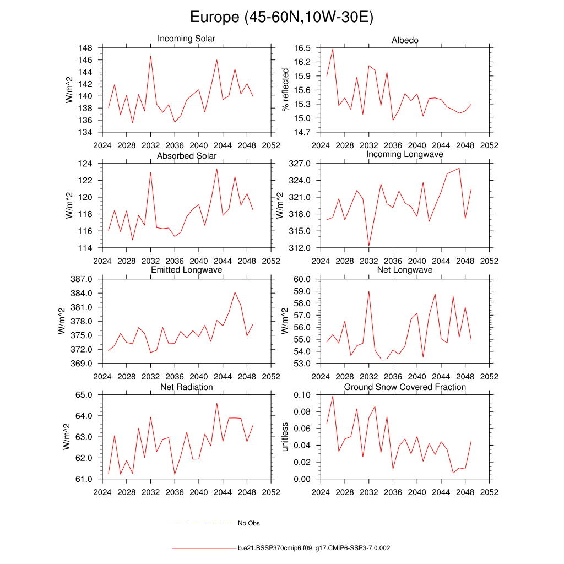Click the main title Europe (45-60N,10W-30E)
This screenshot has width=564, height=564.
281,17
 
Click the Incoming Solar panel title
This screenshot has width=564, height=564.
186,39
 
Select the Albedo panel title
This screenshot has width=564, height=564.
405,40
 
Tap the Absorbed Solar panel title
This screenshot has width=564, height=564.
187,156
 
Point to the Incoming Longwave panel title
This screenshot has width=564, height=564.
405,154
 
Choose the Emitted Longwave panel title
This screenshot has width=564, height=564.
187,270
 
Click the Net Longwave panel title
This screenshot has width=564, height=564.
405,270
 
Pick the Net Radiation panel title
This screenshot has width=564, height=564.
187,387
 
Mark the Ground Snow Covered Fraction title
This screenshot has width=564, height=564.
405,387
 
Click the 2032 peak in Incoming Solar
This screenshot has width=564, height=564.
150,56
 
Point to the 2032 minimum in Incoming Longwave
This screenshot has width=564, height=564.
368,246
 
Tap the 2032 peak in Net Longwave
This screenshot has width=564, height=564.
368,291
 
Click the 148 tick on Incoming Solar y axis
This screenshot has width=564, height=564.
85,48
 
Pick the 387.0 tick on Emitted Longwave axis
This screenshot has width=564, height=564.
81,279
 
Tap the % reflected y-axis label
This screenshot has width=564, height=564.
285,90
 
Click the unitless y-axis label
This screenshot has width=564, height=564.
285,437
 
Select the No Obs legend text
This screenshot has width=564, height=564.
249,523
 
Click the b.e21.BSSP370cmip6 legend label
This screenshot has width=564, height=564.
314,549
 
